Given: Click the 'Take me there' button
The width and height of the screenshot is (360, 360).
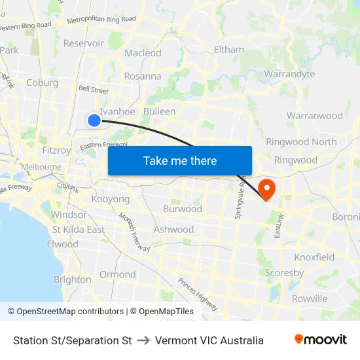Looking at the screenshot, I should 180,160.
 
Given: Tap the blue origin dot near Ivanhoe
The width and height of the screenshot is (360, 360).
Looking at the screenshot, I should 94,120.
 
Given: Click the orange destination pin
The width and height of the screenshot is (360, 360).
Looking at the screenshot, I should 267,189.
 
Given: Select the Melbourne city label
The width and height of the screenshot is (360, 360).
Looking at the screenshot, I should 41,167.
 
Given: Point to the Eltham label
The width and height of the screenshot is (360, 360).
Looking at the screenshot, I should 228,49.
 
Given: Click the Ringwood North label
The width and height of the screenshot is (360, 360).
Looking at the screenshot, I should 301,142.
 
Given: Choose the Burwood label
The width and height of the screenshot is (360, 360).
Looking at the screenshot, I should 182,209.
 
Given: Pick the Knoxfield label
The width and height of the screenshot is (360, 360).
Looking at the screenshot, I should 314,257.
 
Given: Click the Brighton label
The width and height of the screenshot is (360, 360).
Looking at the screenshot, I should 72,279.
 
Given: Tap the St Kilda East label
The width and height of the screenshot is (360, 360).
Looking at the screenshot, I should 78,230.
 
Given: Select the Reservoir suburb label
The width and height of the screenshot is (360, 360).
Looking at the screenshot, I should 83,43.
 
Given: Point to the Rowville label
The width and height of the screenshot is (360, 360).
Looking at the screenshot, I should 310,298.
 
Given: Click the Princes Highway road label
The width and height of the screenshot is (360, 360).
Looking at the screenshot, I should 197,294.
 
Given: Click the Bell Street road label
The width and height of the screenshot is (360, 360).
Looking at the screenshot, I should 93,89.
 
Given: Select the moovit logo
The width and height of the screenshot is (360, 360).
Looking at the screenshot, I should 320,340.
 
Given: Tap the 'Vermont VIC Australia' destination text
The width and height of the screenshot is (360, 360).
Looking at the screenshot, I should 209,340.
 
